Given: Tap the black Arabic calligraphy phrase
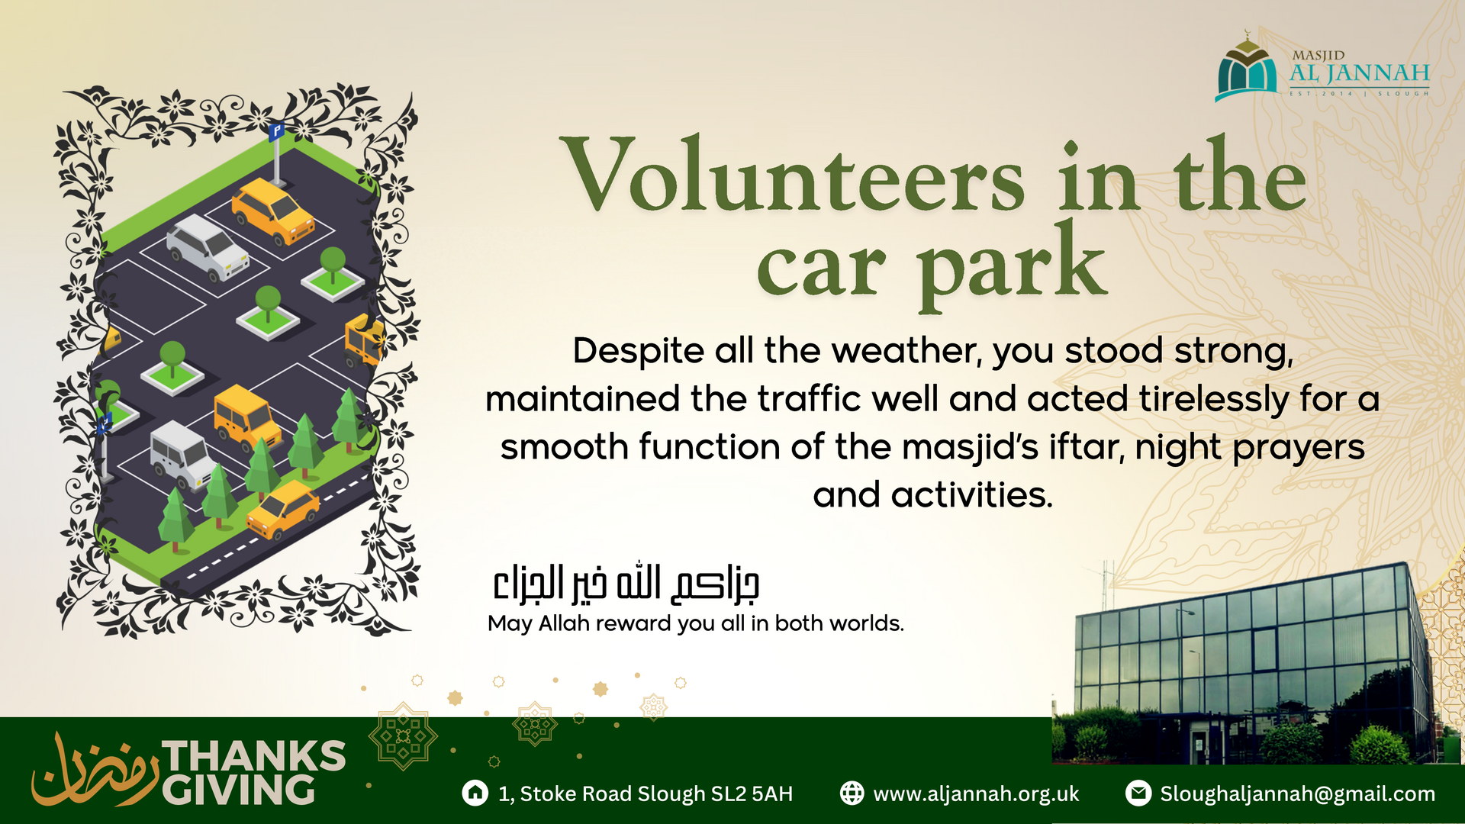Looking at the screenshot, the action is click(626, 584).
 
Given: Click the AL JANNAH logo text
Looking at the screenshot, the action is click(1359, 73).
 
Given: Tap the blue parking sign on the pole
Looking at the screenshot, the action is click(276, 131).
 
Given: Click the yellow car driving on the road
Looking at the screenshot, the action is click(283, 509).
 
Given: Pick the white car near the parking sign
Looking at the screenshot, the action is click(208, 247).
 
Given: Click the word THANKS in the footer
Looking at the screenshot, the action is click(254, 756).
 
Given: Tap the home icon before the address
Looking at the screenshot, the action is click(475, 793).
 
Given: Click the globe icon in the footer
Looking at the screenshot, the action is click(852, 793).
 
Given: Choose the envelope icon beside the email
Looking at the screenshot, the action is click(1138, 793).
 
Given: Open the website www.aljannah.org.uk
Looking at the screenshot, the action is click(976, 794).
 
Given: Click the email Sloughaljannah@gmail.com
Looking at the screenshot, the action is click(1297, 794).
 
